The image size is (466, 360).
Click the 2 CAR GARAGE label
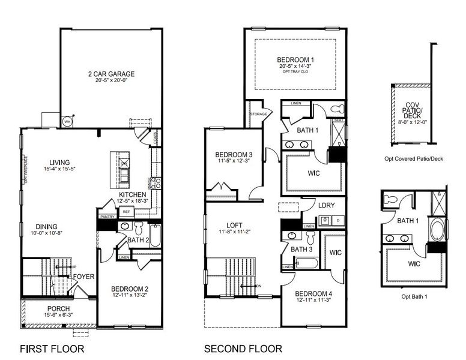point(110,74)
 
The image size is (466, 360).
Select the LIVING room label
point(59,162)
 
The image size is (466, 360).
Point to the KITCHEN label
point(133,196)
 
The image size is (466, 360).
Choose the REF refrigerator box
point(126,212)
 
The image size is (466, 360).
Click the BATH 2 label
point(138,240)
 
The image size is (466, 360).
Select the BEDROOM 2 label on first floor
point(130,289)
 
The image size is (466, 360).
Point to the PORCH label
point(58,308)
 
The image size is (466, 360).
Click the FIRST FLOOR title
point(52,349)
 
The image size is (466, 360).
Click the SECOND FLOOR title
point(243,349)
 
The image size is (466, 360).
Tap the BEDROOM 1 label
point(295,60)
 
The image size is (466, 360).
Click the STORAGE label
point(258,113)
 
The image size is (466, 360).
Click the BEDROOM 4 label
point(314,293)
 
